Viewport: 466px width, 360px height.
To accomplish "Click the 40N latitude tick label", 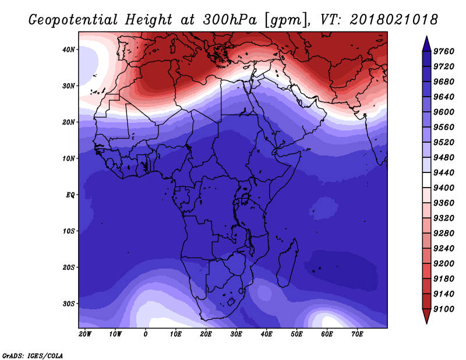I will [69, 50].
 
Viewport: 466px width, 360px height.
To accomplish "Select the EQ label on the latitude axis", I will [70, 195].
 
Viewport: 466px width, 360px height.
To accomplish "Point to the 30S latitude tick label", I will [69, 303].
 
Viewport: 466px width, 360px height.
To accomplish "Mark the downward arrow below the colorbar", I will [426, 316].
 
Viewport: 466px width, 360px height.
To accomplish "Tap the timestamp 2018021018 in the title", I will [394, 19].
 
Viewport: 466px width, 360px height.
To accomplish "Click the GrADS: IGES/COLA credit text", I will [32, 355].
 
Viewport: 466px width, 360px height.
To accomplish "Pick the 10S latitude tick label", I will [69, 231].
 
